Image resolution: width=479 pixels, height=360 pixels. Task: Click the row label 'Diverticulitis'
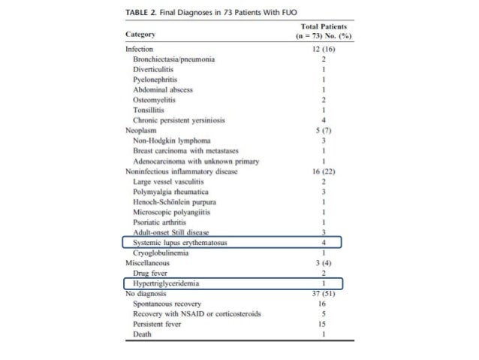(x=154, y=68)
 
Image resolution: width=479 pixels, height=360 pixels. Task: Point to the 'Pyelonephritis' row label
(x=155, y=79)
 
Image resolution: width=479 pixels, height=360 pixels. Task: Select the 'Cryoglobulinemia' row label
(x=161, y=254)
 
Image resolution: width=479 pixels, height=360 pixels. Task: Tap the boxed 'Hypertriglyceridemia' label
(x=167, y=284)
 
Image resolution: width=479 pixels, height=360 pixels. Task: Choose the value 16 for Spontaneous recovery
(x=322, y=304)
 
